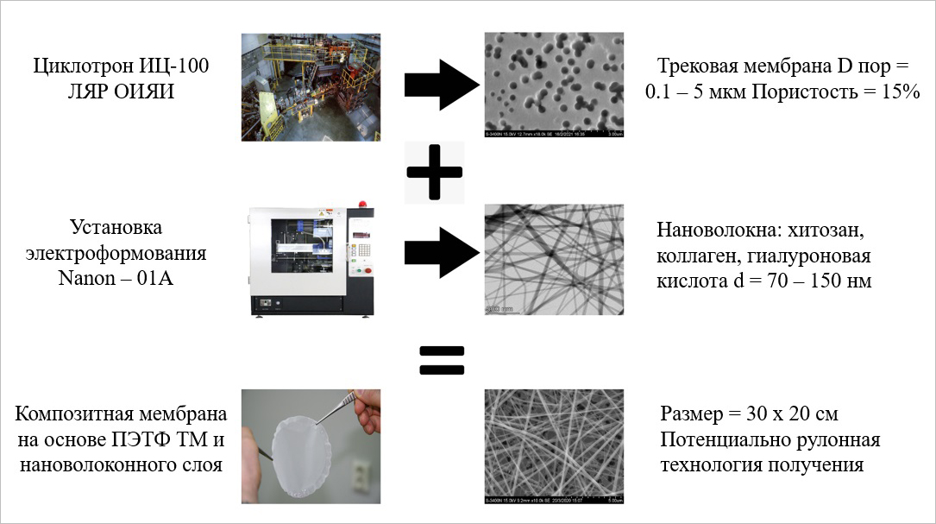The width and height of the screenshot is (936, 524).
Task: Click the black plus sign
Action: (435, 172)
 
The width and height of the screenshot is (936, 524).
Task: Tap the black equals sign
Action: (441, 361)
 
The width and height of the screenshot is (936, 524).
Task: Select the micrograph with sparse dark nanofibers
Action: (554, 257)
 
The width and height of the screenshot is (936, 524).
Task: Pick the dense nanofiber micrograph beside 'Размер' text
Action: (554, 446)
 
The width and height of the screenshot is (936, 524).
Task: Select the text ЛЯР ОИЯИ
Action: (121, 91)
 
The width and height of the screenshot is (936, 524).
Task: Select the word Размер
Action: (695, 414)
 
